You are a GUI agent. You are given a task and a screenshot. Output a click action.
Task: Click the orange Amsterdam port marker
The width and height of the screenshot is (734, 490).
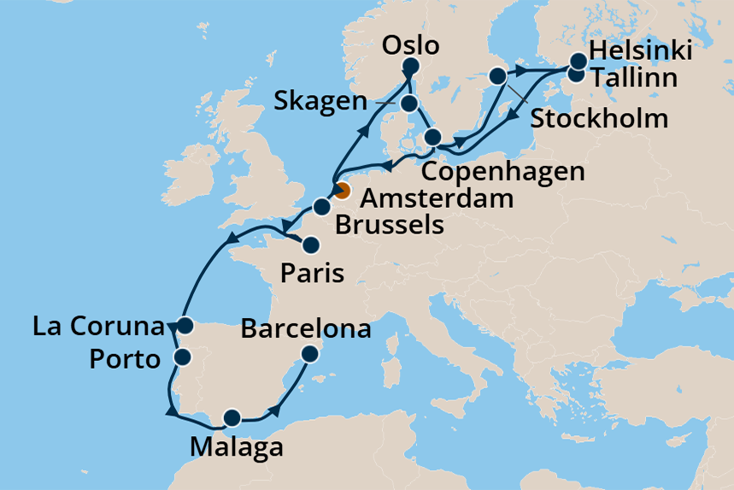pos(342,191)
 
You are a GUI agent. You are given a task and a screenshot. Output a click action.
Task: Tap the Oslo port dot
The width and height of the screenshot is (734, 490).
pos(411,68)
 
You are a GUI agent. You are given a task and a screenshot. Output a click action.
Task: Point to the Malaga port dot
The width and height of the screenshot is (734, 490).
pos(232,418)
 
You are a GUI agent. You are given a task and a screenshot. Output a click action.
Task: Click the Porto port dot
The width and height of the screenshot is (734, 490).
pos(183,357)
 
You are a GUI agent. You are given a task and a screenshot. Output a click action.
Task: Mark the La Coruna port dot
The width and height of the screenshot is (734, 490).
pos(185,327)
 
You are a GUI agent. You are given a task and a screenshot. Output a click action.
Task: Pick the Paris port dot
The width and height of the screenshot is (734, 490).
pos(312,245)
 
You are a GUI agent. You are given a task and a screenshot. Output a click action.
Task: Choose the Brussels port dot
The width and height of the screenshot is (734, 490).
pos(321,207)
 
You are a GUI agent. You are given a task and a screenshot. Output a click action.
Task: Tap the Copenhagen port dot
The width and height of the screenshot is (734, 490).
pos(433,138)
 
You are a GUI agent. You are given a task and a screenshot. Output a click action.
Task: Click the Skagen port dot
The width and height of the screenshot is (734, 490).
pos(409,104)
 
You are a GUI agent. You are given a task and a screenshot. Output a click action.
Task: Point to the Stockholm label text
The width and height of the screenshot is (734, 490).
pos(599,118)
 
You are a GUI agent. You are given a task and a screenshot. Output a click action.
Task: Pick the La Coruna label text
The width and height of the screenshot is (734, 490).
pos(97,326)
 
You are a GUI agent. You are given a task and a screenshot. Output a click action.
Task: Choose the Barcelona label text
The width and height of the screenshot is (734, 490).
pos(306,328)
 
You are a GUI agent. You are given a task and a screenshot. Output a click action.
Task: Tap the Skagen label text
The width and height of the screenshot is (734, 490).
pos(321,102)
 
